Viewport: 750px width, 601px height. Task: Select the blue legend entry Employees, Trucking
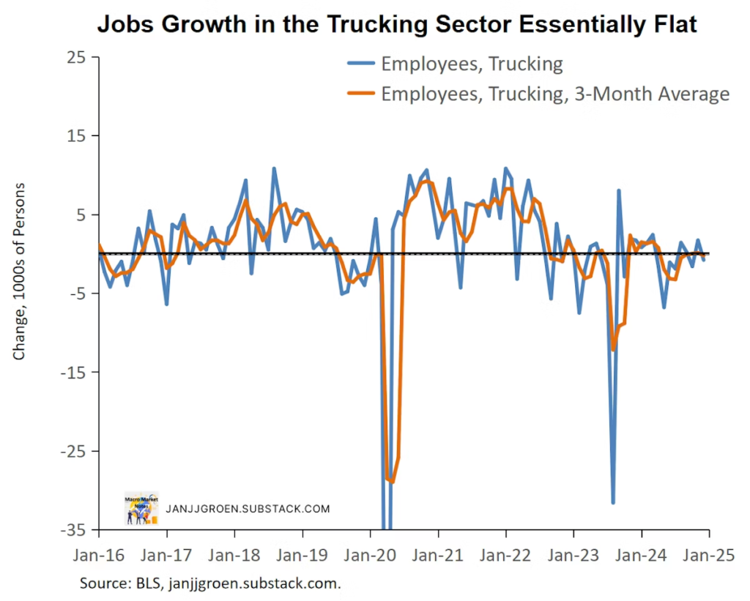(472, 64)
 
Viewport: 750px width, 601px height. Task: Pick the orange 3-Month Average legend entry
(555, 94)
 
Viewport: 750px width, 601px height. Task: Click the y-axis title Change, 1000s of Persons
(20, 271)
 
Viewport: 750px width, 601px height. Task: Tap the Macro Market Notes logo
(141, 507)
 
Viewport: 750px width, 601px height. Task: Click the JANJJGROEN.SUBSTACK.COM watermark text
(248, 508)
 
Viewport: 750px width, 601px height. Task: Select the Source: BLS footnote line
(211, 583)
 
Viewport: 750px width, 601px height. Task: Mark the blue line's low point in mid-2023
(613, 502)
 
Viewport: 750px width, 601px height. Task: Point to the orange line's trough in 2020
(393, 482)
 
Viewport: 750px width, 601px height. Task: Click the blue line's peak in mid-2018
(274, 169)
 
